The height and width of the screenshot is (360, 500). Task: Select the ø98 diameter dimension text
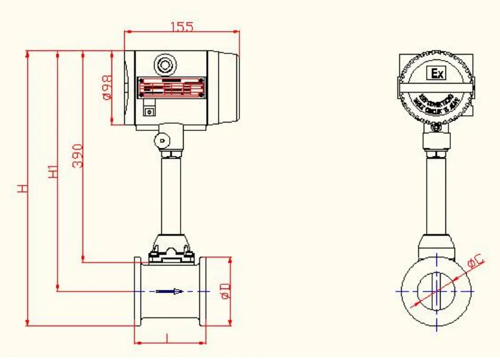click(106, 87)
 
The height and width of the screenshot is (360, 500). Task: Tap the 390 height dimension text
click(78, 157)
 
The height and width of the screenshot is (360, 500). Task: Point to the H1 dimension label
click(53, 172)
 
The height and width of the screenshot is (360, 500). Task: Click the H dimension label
click(22, 189)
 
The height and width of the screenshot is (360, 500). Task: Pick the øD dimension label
click(224, 290)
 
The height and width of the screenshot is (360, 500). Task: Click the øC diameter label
click(475, 262)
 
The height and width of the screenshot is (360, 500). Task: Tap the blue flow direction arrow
click(170, 292)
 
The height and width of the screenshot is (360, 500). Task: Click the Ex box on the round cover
click(437, 74)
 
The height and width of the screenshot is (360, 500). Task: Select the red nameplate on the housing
click(170, 87)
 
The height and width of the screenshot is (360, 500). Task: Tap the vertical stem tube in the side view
click(170, 194)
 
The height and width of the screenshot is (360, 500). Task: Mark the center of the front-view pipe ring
click(436, 290)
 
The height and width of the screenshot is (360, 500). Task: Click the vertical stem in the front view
click(436, 194)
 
